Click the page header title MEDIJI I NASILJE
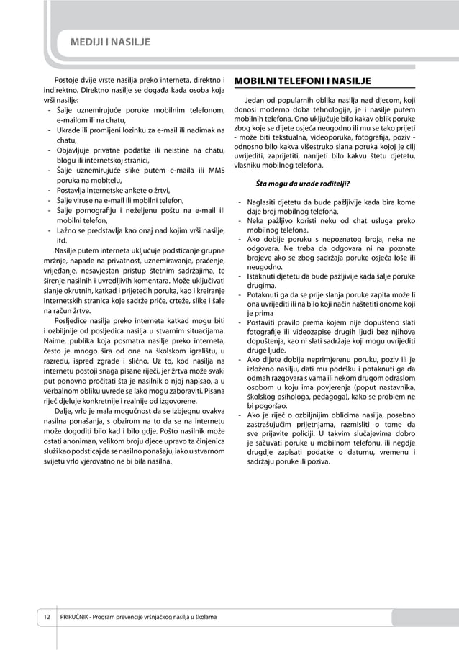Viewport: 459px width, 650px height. pos(109,42)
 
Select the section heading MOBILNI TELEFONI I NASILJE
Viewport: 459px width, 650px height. pos(303,80)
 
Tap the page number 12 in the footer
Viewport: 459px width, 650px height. pos(45,618)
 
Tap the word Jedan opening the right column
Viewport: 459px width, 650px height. pos(257,99)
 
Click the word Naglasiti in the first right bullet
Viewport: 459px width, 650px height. pos(263,202)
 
